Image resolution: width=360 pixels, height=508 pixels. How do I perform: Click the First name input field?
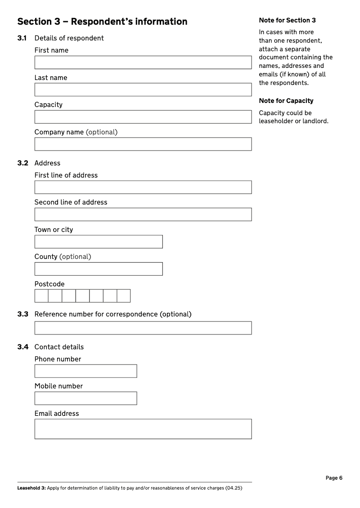click(143, 62)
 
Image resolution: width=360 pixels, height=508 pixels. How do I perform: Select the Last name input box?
click(143, 89)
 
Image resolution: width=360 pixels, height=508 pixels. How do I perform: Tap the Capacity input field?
click(143, 117)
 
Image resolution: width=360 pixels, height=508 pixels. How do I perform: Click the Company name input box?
click(143, 144)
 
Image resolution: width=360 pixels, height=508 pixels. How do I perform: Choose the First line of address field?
click(143, 187)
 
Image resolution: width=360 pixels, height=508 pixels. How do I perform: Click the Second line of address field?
click(143, 214)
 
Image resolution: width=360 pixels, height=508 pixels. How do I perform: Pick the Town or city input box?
click(99, 242)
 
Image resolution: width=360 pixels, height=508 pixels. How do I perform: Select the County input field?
click(99, 269)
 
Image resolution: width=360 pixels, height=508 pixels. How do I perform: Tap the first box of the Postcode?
click(41, 296)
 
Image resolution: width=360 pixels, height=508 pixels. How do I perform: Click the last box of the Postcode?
click(124, 296)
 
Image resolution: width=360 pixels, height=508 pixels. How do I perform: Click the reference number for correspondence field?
click(143, 328)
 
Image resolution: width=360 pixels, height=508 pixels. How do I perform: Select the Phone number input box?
click(85, 371)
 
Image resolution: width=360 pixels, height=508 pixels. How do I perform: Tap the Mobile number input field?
click(85, 398)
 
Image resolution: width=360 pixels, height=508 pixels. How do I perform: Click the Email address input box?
click(143, 429)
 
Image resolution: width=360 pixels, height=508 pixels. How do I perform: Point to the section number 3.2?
click(23, 163)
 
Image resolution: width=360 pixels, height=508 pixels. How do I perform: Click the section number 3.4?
click(23, 347)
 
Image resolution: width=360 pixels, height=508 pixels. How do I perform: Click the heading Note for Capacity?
click(286, 101)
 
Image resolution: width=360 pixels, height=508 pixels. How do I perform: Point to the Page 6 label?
click(334, 478)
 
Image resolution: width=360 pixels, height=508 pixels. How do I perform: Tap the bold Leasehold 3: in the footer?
click(31, 488)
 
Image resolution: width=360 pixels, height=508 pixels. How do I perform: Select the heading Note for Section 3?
click(287, 20)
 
